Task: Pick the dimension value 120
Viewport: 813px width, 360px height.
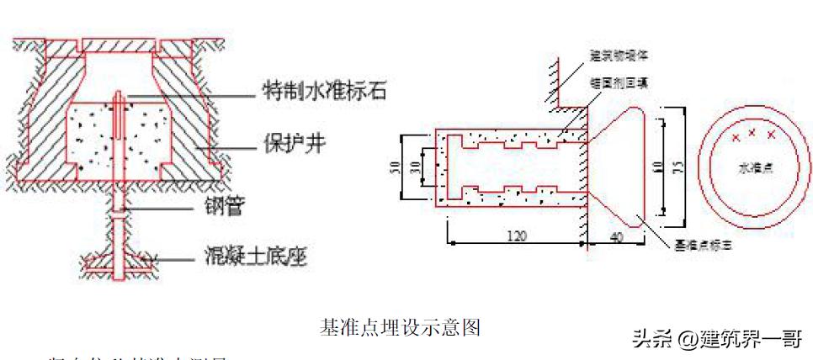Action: click(x=517, y=236)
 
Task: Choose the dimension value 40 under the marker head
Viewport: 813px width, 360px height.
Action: click(x=617, y=238)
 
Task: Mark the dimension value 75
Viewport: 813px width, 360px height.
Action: click(x=677, y=166)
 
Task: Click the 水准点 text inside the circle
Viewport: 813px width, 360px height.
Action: click(x=756, y=169)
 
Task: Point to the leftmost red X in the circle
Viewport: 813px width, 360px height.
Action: click(x=736, y=137)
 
